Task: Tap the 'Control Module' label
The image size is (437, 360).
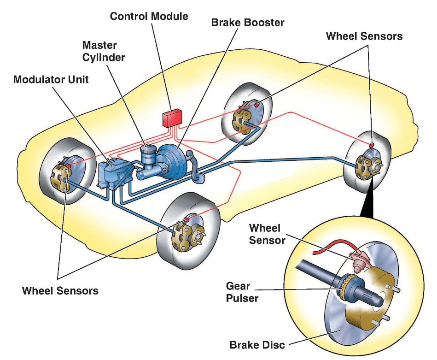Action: coord(149,16)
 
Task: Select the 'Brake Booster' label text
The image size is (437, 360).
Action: coord(248,22)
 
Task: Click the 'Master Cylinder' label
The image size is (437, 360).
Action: coord(104,51)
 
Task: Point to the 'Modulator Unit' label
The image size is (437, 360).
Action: coord(51,79)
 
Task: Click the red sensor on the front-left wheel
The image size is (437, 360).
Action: coord(68,165)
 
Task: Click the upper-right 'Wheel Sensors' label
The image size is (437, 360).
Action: coord(364,36)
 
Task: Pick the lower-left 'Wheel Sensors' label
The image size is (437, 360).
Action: coord(60,291)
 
